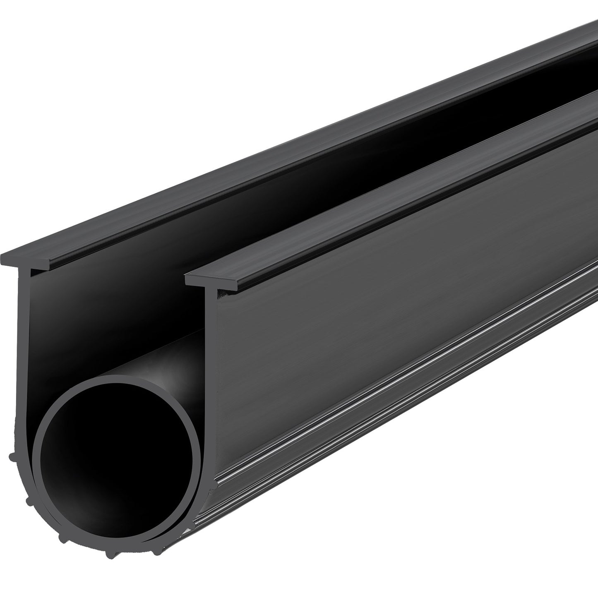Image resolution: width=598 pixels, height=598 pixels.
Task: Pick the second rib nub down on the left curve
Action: [28, 501]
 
